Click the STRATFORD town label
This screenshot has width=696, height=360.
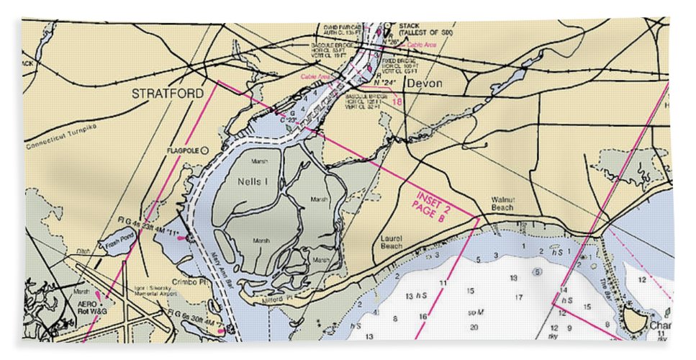pos(167,93)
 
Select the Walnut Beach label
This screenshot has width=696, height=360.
pos(502,204)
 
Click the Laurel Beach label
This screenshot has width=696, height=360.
pos(392,241)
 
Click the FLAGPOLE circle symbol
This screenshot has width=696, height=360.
pos(204,150)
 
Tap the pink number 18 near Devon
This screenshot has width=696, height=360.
pos(397,102)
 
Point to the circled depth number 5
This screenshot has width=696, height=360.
pos(537,271)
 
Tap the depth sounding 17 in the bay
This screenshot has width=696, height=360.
pos(518,297)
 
